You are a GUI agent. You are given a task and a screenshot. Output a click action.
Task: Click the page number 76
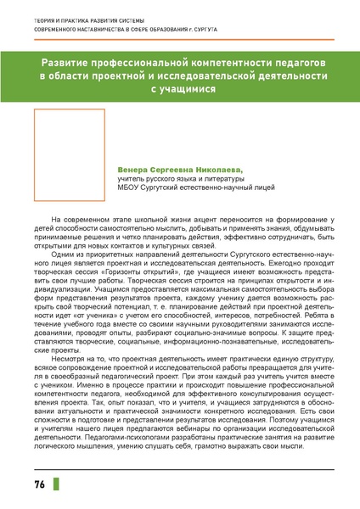click(39, 484)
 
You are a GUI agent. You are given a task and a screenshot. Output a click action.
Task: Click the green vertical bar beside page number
click(57, 484)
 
